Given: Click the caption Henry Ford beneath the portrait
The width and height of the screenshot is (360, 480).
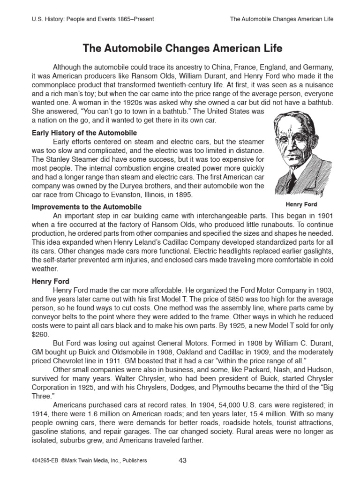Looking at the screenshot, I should (301, 204).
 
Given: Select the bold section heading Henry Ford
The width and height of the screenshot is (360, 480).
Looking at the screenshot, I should (51, 282).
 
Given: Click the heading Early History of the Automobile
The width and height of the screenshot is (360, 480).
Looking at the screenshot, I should (84, 133).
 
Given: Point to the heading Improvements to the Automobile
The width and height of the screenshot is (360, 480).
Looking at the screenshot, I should (87, 207).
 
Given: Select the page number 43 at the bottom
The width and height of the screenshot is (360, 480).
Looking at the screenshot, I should (183, 460).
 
